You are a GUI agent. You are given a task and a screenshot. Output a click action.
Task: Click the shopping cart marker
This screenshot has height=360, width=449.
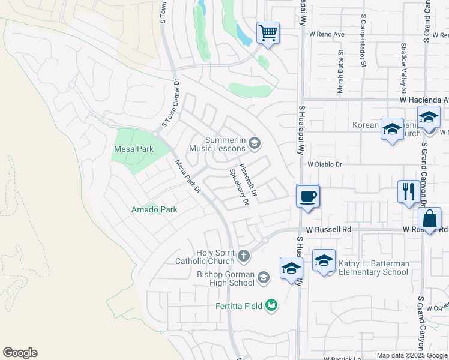point(268,32)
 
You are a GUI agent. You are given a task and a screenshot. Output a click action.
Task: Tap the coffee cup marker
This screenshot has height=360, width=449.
point(308,196)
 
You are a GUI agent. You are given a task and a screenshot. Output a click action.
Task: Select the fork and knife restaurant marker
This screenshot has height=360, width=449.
point(408,191)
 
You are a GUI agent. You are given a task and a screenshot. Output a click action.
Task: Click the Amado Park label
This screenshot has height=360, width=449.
point(154,209)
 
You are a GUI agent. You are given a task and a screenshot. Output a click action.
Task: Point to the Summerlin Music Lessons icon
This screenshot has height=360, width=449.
point(255,142)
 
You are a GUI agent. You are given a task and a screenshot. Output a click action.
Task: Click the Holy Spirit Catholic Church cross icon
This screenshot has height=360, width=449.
point(243,256)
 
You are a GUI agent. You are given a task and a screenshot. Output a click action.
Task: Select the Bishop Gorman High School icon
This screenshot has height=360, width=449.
point(263,277)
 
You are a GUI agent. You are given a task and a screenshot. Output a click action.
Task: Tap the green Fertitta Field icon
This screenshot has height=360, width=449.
point(271,305)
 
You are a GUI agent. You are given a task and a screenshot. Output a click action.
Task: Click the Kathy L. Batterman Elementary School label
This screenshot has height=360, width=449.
point(373,268)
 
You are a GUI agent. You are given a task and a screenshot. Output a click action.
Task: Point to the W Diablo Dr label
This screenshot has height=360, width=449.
point(324,164)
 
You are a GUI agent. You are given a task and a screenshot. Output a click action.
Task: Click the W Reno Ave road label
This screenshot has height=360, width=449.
point(327,35)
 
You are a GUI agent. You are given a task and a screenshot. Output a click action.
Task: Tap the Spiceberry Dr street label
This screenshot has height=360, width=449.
point(238,187)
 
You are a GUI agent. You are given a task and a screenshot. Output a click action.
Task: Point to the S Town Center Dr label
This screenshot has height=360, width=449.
point(169,106)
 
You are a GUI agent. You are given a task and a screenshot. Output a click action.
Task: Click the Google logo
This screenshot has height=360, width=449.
point(20,353)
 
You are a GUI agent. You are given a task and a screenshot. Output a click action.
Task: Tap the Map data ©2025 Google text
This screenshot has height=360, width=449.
point(411,355)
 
